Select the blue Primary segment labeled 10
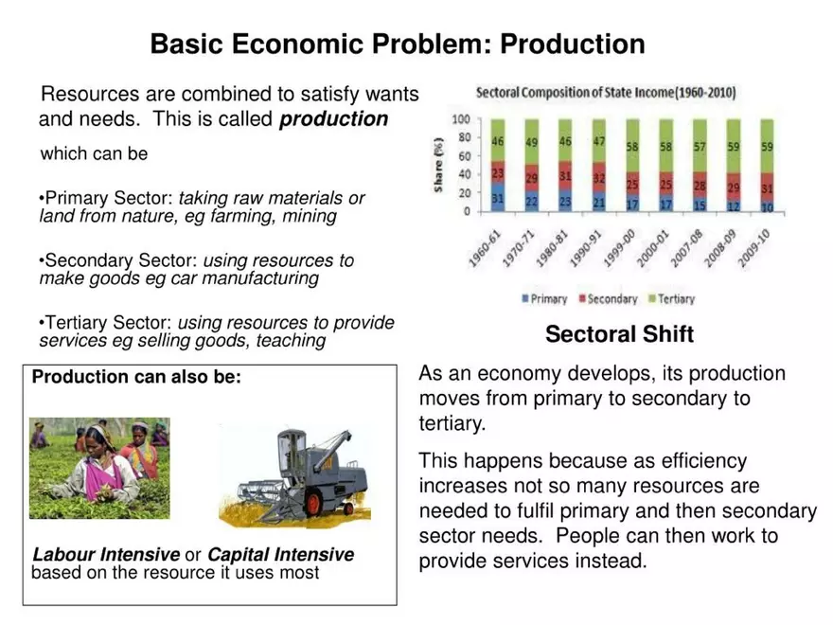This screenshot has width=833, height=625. click(x=767, y=205)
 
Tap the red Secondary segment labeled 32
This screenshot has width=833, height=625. click(x=599, y=177)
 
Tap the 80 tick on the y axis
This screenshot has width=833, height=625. click(x=464, y=138)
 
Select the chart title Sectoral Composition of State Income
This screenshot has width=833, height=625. click(x=606, y=94)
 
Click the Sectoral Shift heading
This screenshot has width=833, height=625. click(x=619, y=334)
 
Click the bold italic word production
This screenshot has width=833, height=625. click(x=334, y=120)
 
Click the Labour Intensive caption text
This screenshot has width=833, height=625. click(x=106, y=555)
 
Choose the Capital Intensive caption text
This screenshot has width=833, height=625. click(x=280, y=555)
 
